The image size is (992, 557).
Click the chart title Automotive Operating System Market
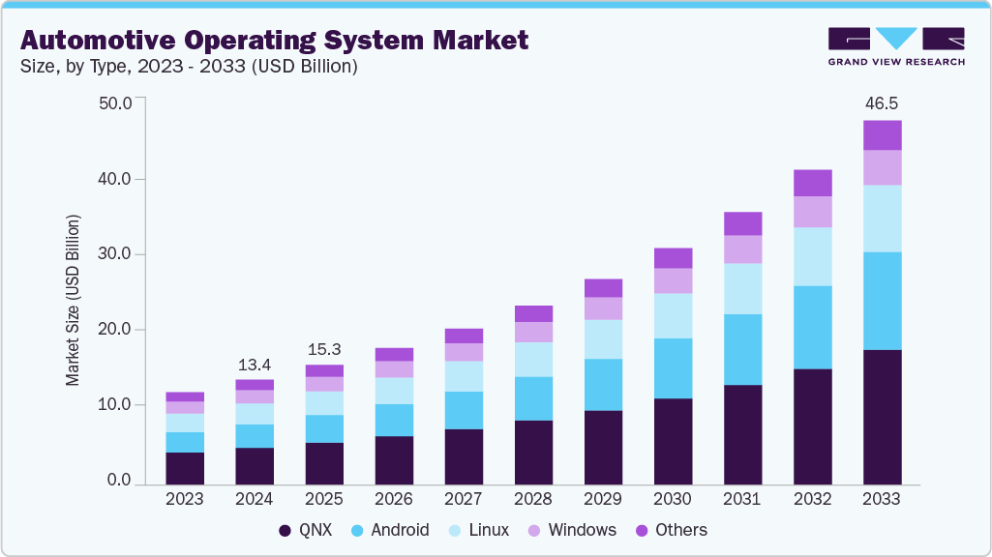(274, 40)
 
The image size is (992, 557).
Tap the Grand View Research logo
(895, 45)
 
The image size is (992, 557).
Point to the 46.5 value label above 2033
(882, 103)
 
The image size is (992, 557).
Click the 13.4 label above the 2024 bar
(255, 365)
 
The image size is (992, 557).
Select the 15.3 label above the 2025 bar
(324, 349)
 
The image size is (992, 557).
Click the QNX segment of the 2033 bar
(882, 417)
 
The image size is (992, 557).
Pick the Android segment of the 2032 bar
(812, 327)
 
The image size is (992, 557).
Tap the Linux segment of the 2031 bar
(742, 288)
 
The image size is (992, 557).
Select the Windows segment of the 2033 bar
(882, 167)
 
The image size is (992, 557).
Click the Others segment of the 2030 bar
(673, 257)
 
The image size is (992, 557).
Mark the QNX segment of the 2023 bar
(185, 468)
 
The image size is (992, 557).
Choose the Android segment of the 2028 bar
(533, 398)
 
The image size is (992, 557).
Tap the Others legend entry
(670, 530)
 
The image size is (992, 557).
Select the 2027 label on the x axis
(464, 499)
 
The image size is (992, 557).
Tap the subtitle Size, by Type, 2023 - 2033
(189, 67)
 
